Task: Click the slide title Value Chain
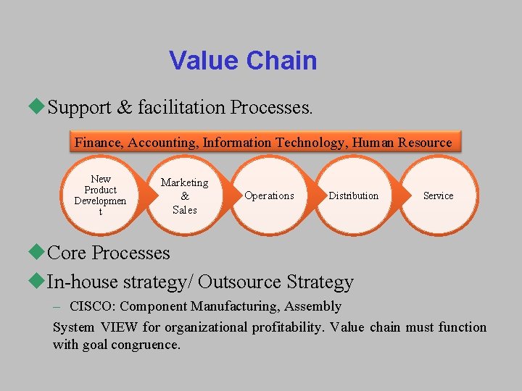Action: coord(243,61)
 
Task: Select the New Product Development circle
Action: coord(101,195)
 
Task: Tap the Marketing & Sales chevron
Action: coord(184,195)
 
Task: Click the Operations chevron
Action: coord(269,195)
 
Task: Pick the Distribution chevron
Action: coord(353,195)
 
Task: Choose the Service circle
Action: coord(438,195)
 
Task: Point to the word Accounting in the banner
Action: coord(162,143)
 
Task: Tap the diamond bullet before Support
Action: coord(38,107)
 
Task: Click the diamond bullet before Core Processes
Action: coord(38,253)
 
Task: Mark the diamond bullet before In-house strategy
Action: coord(38,281)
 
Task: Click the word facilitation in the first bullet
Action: coord(181,107)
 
